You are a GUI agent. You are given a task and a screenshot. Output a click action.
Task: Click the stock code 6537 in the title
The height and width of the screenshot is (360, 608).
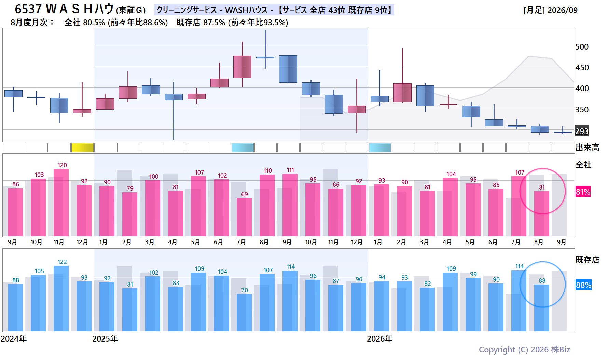[28, 9]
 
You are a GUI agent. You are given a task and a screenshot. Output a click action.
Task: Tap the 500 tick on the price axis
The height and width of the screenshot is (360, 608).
[582, 47]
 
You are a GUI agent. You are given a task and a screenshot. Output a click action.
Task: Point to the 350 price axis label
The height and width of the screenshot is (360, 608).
[582, 110]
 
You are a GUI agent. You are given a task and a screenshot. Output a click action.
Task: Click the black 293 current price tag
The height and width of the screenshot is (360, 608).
[582, 131]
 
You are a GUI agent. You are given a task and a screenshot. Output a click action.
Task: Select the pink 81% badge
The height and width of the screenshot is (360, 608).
[583, 192]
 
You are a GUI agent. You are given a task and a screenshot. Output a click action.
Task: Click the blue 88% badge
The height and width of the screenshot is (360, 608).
[583, 285]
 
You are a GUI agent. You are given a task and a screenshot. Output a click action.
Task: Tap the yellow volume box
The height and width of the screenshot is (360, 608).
[82, 148]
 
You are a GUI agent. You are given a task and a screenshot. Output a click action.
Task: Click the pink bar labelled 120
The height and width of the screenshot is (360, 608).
[61, 203]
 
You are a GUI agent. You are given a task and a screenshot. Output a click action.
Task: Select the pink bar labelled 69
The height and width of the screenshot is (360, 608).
[244, 217]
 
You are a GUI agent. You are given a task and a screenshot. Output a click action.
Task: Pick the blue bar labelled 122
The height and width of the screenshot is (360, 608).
[61, 299]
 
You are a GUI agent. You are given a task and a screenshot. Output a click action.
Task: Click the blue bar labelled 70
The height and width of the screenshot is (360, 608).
[244, 313]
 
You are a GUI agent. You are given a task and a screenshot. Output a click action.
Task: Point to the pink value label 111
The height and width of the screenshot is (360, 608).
[290, 170]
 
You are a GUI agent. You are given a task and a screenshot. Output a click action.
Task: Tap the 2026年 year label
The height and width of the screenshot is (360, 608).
[379, 339]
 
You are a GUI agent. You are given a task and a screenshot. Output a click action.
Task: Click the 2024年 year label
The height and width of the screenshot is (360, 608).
[14, 339]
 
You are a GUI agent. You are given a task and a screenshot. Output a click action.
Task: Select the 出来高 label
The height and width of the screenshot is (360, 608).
[588, 148]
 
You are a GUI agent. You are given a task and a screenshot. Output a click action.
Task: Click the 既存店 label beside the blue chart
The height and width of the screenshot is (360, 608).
[588, 260]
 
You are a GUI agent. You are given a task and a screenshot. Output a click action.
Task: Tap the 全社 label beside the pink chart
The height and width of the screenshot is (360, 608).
[583, 165]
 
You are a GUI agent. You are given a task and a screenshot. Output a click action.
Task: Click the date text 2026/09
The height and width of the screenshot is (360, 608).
[563, 10]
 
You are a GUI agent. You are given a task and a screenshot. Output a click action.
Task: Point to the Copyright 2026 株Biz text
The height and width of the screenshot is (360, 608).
[524, 350]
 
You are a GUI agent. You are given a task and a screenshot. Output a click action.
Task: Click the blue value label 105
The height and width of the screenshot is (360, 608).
[39, 271]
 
